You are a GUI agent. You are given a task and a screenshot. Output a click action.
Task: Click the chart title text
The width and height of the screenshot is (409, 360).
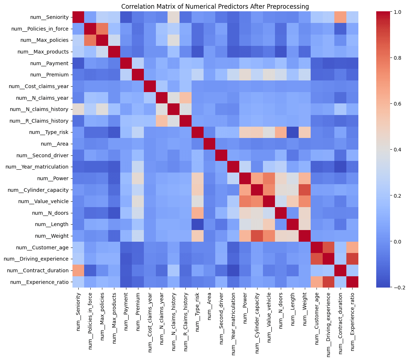[x=215, y=6]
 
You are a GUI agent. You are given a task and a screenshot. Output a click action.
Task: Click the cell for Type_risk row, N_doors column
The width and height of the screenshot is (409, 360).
[x=280, y=132]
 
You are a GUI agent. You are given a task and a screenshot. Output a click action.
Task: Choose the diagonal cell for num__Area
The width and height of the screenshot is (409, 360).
[x=209, y=144]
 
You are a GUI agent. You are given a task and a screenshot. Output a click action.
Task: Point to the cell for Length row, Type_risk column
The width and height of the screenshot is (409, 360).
[x=197, y=224]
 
